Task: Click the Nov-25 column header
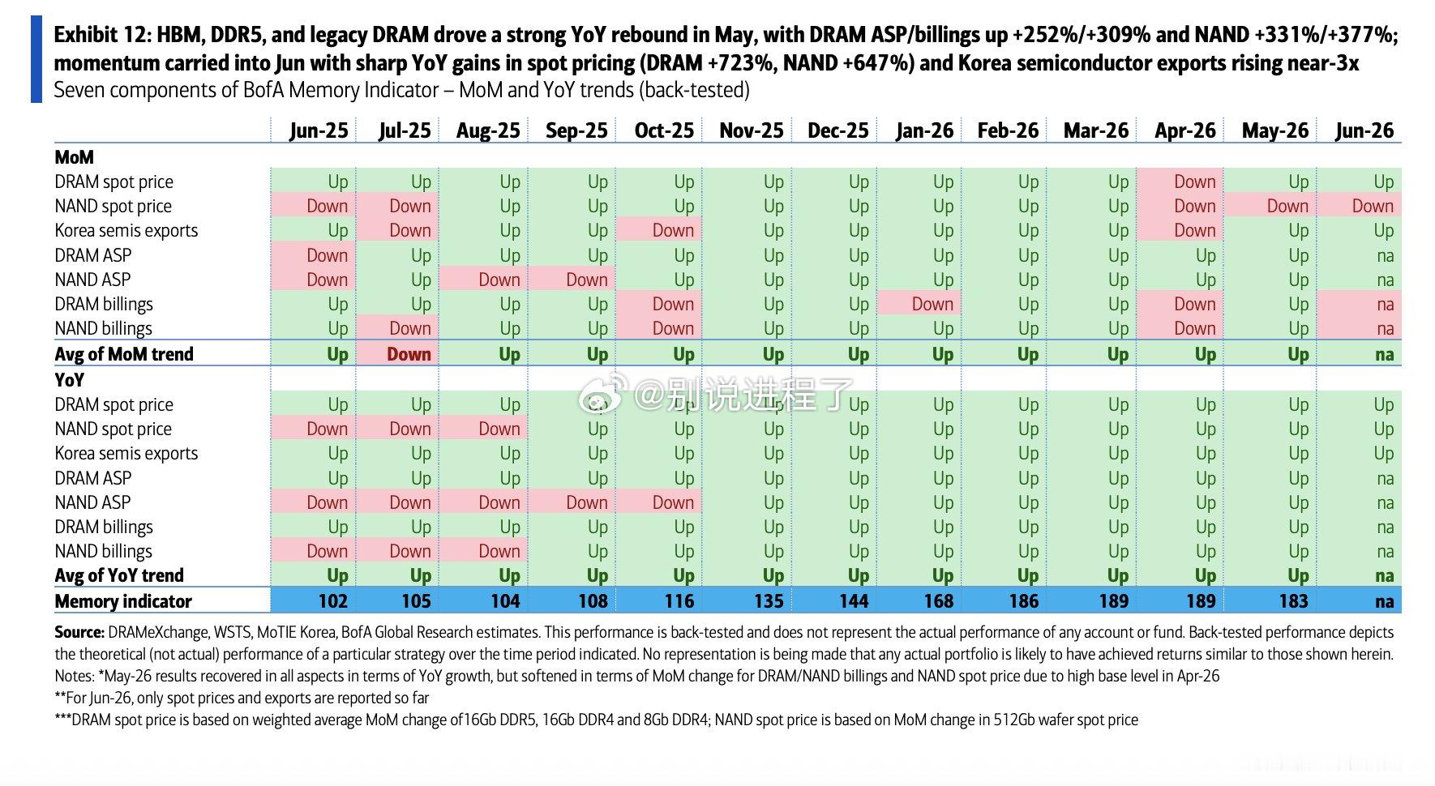(752, 130)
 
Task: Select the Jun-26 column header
(1364, 130)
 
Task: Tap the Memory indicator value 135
(769, 601)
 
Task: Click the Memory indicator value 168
(939, 601)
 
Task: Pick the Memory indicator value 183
(1293, 601)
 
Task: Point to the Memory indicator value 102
(333, 601)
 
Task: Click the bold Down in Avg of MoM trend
(409, 354)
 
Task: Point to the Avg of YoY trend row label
(119, 575)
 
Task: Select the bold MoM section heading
(74, 157)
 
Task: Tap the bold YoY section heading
(69, 380)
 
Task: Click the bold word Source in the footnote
(79, 632)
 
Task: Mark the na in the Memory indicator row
(1385, 601)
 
